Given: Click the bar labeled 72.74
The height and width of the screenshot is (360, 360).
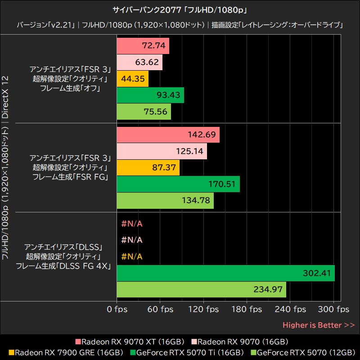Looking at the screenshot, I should pos(143,45).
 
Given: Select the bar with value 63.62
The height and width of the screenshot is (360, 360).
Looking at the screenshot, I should pos(139,62).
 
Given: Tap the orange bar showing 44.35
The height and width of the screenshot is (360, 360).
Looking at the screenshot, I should pos(132,79).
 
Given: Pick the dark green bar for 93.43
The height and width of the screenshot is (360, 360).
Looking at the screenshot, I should pos(150,95).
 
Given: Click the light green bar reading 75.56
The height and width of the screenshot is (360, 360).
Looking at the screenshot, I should pos(144,112).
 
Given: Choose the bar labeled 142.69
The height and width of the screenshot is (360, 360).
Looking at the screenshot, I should pos(168,135).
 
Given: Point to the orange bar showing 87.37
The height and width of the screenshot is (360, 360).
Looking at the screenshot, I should pos(148,167).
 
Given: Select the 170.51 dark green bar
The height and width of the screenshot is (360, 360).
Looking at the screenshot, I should pos(178,184).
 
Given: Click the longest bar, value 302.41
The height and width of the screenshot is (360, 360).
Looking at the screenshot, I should pos(225,273).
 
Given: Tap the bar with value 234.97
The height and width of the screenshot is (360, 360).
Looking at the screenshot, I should pos(201,289).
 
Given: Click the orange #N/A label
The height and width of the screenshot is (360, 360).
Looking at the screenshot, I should pos(132,256).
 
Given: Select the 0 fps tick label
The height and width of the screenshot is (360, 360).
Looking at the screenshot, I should pos(117,309).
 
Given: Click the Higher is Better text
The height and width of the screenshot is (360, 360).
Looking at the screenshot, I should pos(318,325).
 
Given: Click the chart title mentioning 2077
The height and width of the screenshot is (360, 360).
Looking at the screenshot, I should pos(180,9).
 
